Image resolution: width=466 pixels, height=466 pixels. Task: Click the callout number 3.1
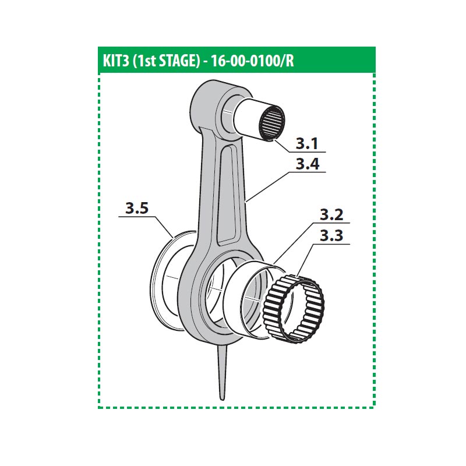click(x=307, y=144)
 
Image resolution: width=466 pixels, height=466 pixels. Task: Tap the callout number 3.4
click(x=308, y=164)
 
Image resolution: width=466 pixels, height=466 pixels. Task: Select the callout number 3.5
click(x=137, y=209)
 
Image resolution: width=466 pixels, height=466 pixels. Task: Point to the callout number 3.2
click(x=331, y=215)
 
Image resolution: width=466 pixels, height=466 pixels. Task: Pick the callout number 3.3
click(x=331, y=236)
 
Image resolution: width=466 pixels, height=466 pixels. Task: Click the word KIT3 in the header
click(x=115, y=61)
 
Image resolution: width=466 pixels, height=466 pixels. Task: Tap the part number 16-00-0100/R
click(x=252, y=61)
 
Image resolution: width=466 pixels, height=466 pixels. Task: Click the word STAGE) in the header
click(x=180, y=61)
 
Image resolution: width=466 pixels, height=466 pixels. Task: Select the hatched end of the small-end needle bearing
click(x=271, y=122)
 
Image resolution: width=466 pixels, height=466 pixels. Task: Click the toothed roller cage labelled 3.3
click(x=294, y=309)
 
